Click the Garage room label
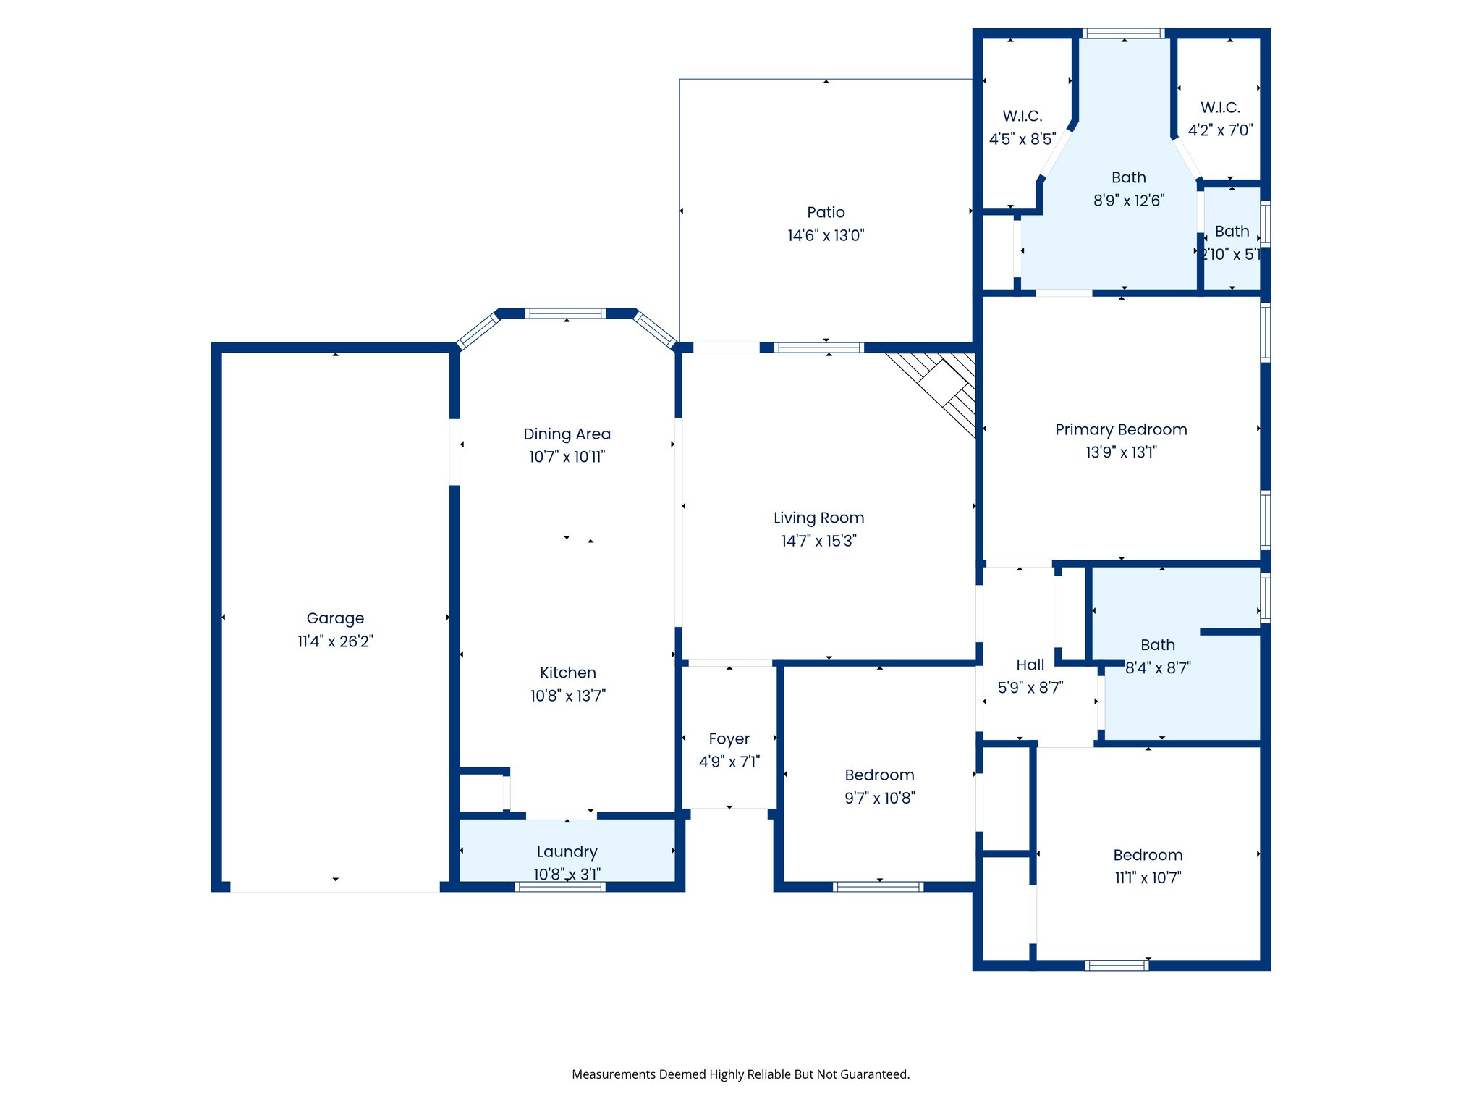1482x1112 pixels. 335,618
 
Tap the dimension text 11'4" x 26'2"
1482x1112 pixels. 335,641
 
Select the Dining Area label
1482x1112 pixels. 567,434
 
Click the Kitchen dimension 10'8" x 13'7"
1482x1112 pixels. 567,696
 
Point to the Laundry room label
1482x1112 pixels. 567,851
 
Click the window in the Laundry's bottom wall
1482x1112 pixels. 560,886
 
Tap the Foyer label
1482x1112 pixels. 729,738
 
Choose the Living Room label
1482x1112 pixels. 818,518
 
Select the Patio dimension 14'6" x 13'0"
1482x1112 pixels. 826,235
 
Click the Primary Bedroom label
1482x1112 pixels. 1121,429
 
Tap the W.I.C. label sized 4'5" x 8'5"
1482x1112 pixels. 1022,116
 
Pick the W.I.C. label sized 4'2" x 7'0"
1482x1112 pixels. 1220,107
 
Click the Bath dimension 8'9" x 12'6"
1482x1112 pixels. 1129,201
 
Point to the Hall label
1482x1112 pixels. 1030,665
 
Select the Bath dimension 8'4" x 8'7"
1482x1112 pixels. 1158,667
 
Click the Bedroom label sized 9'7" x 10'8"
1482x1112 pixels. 879,775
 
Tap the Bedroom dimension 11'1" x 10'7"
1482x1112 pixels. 1148,878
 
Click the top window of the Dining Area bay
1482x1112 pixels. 565,313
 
